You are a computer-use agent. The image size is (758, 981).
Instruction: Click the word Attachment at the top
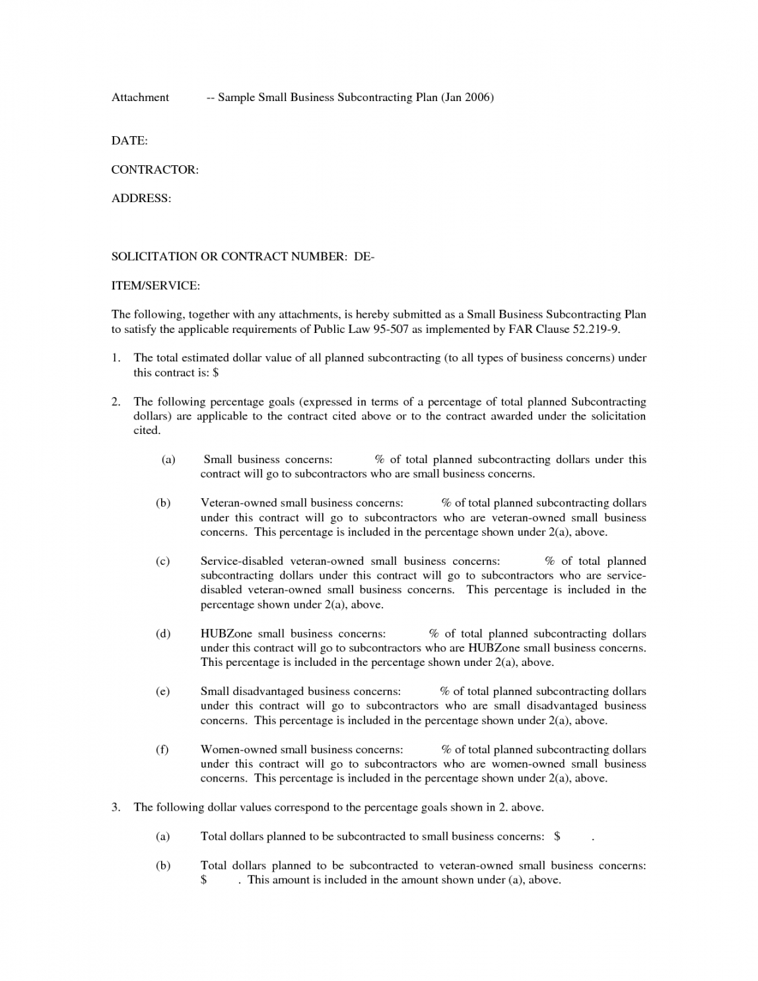pyautogui.click(x=140, y=98)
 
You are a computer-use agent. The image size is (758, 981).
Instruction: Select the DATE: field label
pyautogui.click(x=129, y=141)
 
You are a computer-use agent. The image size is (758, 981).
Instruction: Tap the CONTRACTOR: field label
pyautogui.click(x=155, y=170)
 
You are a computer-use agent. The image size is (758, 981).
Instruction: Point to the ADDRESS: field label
pyautogui.click(x=141, y=198)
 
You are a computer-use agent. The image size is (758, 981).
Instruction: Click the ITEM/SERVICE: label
pyautogui.click(x=155, y=285)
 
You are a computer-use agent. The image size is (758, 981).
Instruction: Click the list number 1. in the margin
pyautogui.click(x=116, y=358)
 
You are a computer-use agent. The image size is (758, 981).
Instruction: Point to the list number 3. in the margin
pyautogui.click(x=116, y=807)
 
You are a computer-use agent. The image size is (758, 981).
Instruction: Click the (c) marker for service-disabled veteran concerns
pyautogui.click(x=162, y=562)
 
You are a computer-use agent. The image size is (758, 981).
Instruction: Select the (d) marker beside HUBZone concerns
pyautogui.click(x=162, y=634)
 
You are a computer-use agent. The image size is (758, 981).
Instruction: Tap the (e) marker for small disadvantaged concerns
pyautogui.click(x=162, y=692)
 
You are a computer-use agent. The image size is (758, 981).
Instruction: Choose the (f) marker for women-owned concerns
pyautogui.click(x=162, y=750)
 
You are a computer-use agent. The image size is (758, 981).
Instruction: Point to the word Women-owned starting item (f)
pyautogui.click(x=239, y=750)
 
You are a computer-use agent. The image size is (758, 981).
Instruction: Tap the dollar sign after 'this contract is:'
pyautogui.click(x=216, y=373)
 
